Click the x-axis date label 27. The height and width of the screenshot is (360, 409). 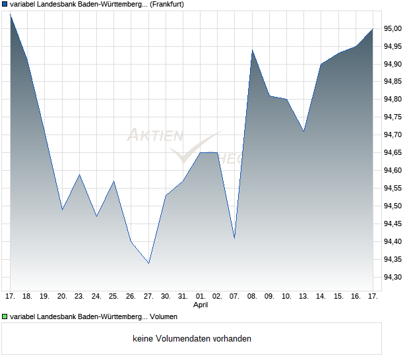(x=148, y=297)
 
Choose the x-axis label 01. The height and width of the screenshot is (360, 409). (x=200, y=297)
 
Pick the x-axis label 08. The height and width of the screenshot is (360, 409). (x=252, y=297)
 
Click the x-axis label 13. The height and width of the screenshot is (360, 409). (x=303, y=297)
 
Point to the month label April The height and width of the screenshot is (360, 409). (x=201, y=305)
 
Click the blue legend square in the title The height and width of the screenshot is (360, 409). (x=5, y=4)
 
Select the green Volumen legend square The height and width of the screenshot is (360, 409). (x=5, y=316)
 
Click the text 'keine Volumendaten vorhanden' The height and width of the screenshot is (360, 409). (x=191, y=339)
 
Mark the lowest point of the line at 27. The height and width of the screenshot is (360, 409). (x=148, y=263)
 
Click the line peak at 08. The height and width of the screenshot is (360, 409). (x=252, y=49)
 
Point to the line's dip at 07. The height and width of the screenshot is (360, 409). (x=234, y=238)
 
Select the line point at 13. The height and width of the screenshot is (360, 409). (x=303, y=131)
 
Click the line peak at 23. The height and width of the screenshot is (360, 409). (x=79, y=174)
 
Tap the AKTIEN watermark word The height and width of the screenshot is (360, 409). (x=155, y=135)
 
